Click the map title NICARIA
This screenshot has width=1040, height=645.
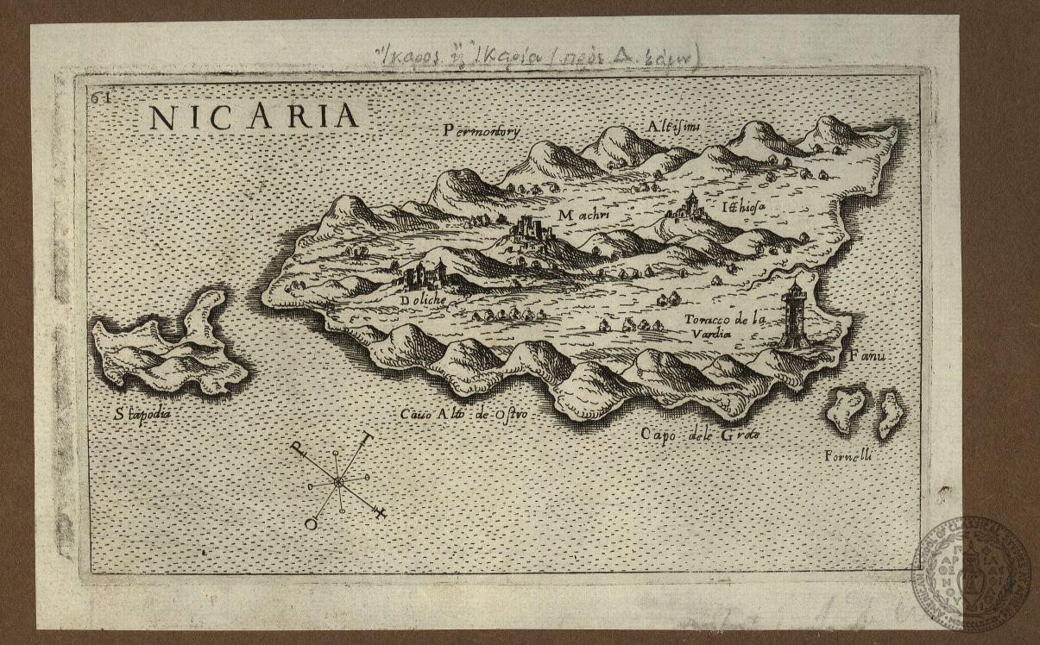click(254, 116)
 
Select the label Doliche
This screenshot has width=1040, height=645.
click(424, 300)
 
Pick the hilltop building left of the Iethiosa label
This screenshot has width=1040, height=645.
click(690, 206)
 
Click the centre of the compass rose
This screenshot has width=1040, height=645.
click(338, 482)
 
